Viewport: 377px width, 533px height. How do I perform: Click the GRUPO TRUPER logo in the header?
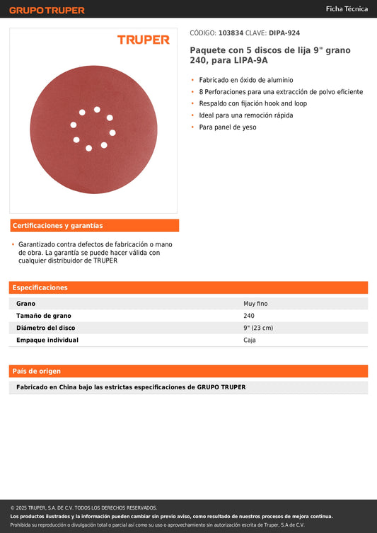[47, 10]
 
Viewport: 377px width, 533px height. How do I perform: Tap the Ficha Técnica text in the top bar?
[346, 9]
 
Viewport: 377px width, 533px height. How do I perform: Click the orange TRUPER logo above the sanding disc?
[143, 40]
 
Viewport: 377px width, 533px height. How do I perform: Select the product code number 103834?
[231, 33]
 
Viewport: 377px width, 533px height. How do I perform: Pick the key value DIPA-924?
[284, 33]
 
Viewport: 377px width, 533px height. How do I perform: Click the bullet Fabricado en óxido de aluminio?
[245, 80]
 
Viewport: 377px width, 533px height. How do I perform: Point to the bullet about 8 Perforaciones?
[281, 92]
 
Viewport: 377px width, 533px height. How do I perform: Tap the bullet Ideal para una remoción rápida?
[245, 115]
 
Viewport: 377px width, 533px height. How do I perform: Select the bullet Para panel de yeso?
[227, 127]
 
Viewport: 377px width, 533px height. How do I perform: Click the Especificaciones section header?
[40, 288]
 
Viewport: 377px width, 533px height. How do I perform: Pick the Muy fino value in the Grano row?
[255, 304]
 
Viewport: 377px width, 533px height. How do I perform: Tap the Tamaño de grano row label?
[44, 316]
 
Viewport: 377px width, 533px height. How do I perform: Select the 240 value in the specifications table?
[249, 316]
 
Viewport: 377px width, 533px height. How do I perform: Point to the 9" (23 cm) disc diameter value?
[258, 328]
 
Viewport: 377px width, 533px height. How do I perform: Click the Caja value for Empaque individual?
[250, 340]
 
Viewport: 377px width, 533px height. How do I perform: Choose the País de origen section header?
[37, 371]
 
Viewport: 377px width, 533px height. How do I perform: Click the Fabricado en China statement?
[131, 387]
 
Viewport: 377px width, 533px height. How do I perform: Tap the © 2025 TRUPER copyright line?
[83, 508]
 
